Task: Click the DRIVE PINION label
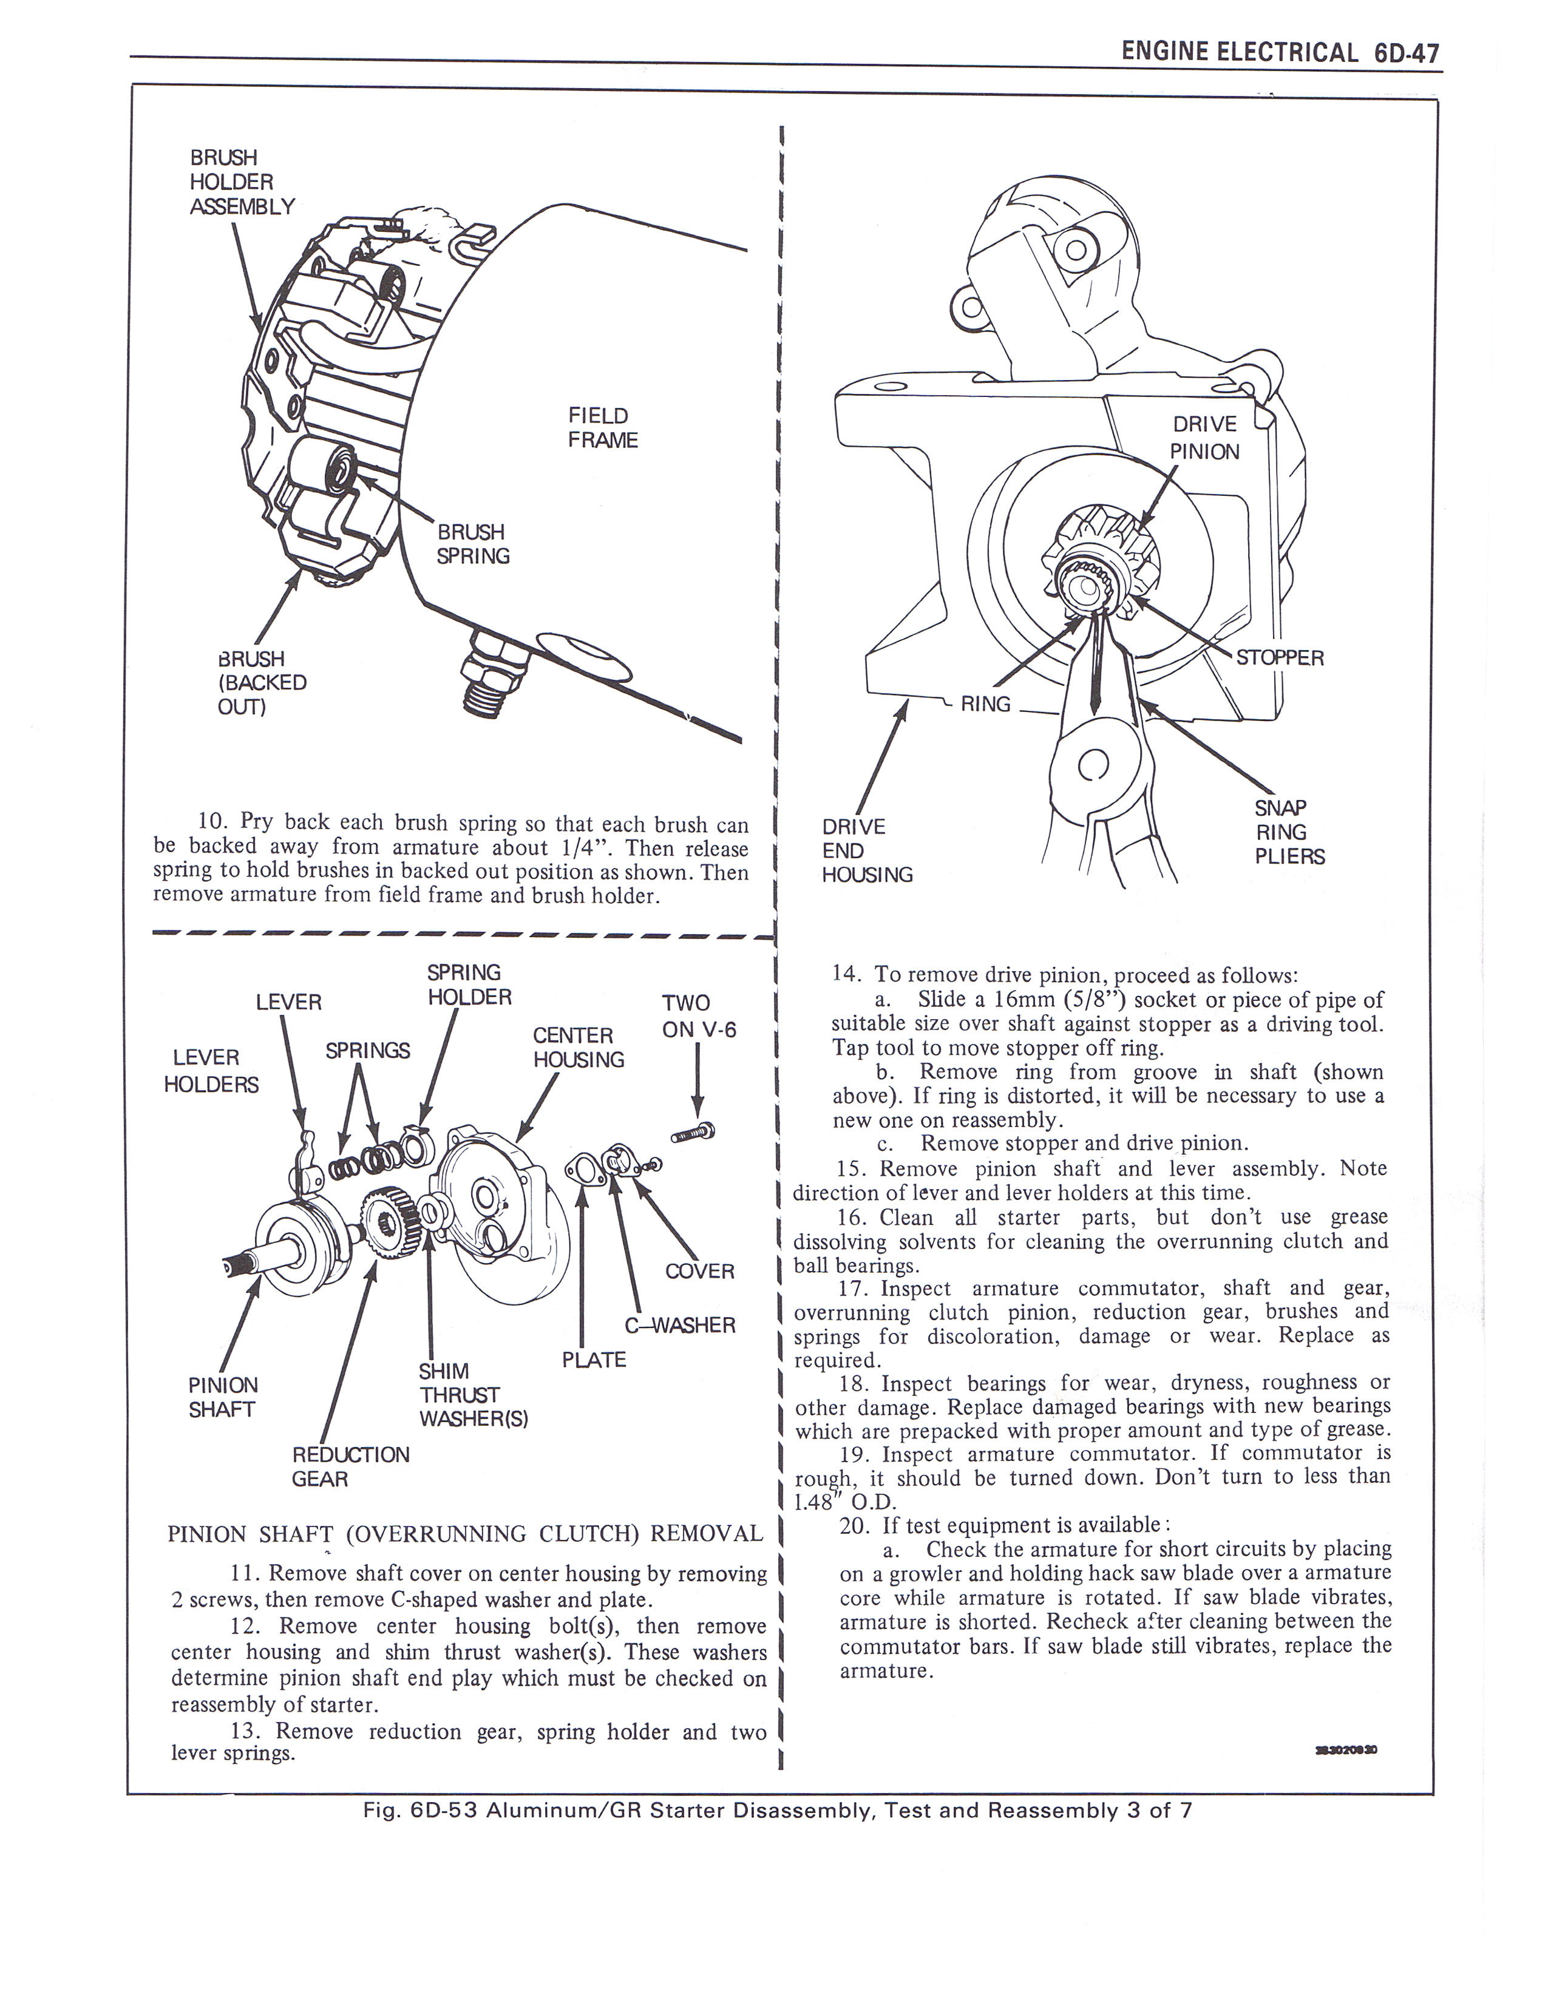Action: coord(1204,438)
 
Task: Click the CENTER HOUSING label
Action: coord(578,1048)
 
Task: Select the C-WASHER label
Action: coord(679,1325)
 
